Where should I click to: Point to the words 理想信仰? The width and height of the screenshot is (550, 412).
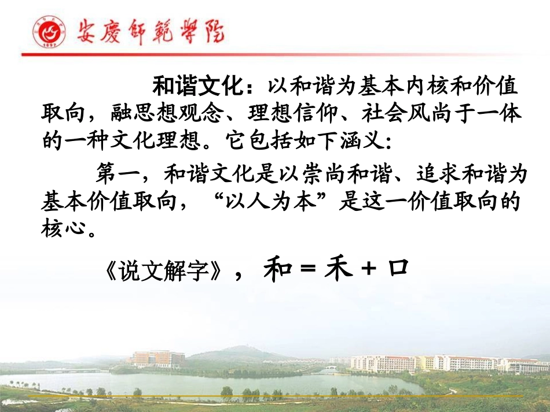pos(309,113)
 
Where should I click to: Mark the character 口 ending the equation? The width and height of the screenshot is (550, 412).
pos(398,269)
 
